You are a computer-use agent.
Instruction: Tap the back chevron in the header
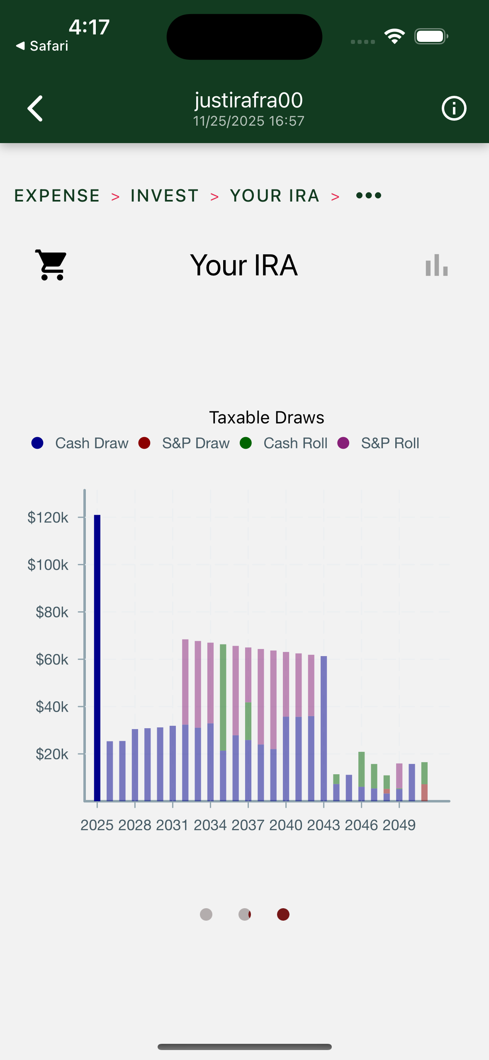click(x=35, y=109)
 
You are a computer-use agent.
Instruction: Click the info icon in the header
click(x=454, y=109)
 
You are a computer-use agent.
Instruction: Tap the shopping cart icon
click(x=51, y=265)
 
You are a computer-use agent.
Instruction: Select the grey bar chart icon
click(x=436, y=265)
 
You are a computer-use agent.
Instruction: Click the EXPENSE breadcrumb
click(x=57, y=196)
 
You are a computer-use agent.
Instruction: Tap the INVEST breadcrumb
click(x=165, y=196)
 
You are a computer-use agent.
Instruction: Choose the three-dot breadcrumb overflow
click(x=369, y=195)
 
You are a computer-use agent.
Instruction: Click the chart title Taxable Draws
click(x=266, y=418)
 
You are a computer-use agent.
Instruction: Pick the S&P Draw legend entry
click(x=185, y=443)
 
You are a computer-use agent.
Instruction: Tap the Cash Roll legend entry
click(x=284, y=443)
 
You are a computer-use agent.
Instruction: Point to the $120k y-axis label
click(x=48, y=518)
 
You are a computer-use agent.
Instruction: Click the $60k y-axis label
click(x=52, y=659)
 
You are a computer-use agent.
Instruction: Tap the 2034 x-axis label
click(x=210, y=825)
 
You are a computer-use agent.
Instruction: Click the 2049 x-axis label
click(x=399, y=825)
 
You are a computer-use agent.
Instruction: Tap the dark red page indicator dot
click(x=283, y=914)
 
